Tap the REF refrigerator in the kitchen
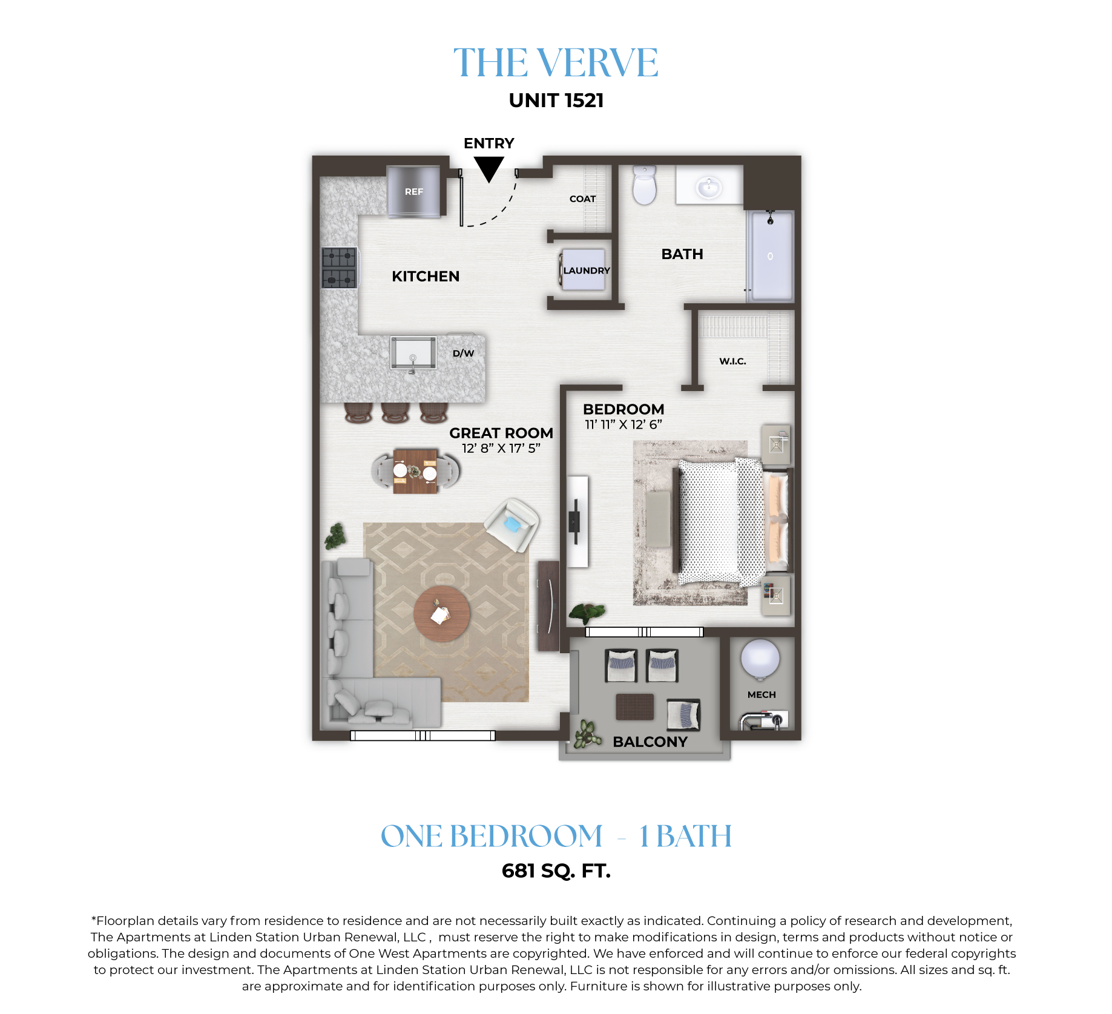tap(414, 191)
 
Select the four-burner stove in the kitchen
tap(339, 267)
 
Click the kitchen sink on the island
tap(413, 353)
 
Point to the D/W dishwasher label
tap(464, 353)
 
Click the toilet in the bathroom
tap(645, 185)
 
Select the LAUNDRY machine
tap(583, 270)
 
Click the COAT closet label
tap(582, 199)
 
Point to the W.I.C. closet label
tap(732, 361)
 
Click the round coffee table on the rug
tap(442, 614)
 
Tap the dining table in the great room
tap(415, 471)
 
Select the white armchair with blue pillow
tap(512, 524)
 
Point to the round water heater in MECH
tap(760, 659)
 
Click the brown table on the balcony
tap(635, 706)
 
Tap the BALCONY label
tap(650, 742)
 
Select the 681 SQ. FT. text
tap(556, 871)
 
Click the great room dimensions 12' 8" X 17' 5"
tap(501, 448)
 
